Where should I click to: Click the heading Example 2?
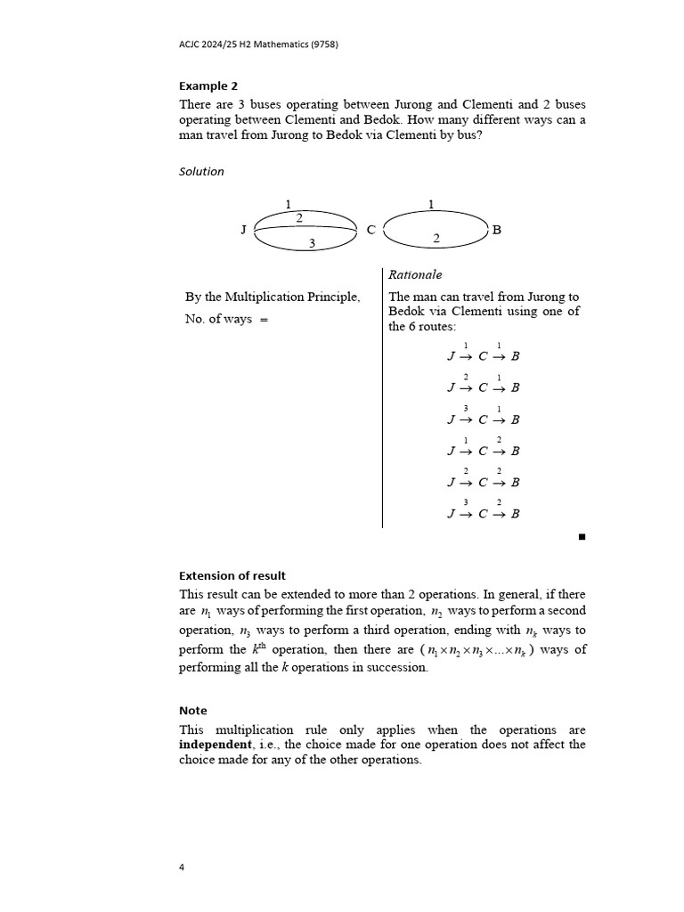[208, 86]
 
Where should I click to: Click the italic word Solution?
[201, 171]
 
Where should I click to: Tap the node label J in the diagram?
[243, 230]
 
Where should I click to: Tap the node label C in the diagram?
[371, 230]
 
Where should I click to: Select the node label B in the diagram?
[497, 230]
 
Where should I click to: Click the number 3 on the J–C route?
[312, 243]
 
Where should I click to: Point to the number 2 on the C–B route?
[436, 239]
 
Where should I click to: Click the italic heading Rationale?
[415, 275]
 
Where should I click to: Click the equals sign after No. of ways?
[264, 320]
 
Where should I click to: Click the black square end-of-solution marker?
[582, 537]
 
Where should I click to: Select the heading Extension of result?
[232, 575]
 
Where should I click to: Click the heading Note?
[192, 711]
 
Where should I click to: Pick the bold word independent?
[215, 744]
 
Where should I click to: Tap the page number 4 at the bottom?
[182, 868]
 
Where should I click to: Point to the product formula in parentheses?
[477, 650]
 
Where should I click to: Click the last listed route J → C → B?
[483, 514]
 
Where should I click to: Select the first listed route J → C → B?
[483, 356]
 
